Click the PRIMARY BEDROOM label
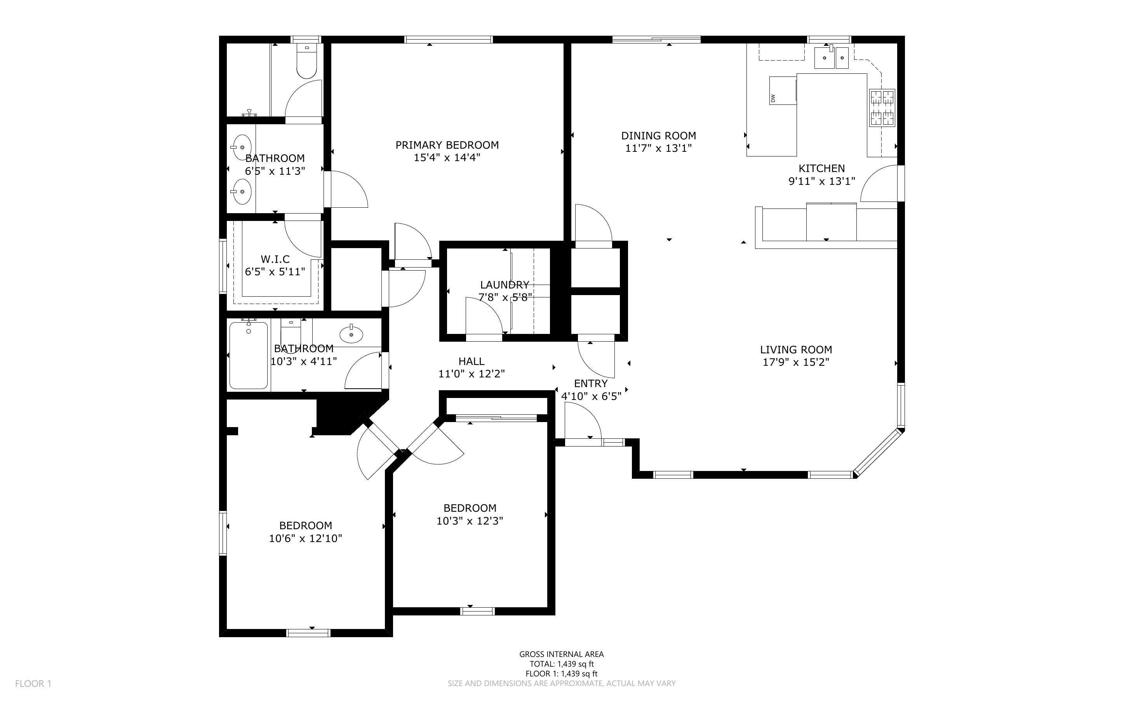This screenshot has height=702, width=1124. tap(447, 145)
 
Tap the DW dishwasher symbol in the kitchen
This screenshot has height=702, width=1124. tap(783, 90)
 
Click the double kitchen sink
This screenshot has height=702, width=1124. tap(831, 57)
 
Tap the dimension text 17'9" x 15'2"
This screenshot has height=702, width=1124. tap(796, 362)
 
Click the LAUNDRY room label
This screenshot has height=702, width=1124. tap(505, 285)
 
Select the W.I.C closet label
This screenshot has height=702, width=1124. tap(275, 259)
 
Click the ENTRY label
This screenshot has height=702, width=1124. tap(591, 384)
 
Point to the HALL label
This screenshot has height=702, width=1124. tap(471, 361)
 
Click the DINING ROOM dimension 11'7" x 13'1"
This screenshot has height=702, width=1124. tap(658, 149)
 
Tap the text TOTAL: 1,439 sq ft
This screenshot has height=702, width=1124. tap(562, 664)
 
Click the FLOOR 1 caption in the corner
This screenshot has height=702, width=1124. tap(33, 683)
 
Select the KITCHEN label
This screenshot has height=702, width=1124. tap(821, 169)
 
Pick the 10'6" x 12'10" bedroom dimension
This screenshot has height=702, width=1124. tap(306, 539)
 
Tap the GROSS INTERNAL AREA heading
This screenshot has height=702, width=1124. tap(561, 654)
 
